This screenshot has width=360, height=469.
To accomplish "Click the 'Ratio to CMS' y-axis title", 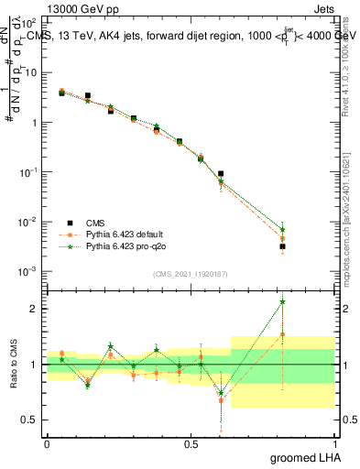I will pos(14,365).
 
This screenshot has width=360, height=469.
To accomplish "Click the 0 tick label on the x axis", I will pos(47,443).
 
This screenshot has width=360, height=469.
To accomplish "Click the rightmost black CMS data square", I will pos(283,246).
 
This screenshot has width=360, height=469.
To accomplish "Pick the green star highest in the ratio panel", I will pos(283,301).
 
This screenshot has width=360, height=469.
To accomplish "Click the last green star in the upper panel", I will pos(283,230).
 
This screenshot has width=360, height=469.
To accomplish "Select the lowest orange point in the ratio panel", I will pos(221,400).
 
